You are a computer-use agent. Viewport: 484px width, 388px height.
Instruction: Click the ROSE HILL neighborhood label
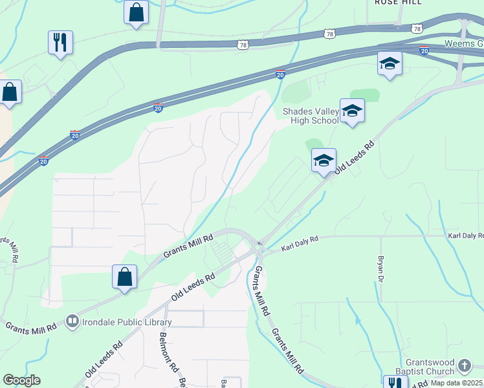(398, 3)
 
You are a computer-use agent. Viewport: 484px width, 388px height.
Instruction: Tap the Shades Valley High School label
(311, 116)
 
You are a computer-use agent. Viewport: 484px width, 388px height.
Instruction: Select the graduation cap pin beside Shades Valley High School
(352, 112)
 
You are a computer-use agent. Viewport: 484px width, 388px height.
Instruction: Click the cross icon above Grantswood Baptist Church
(464, 366)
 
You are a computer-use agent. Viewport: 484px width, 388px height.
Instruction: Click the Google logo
(21, 380)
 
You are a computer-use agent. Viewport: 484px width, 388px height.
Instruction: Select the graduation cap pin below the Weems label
(390, 64)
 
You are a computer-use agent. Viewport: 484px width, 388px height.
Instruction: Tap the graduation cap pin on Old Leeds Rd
(324, 160)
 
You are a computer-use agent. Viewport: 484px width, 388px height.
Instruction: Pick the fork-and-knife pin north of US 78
(60, 43)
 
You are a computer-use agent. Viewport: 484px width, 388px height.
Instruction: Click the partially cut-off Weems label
(463, 43)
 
